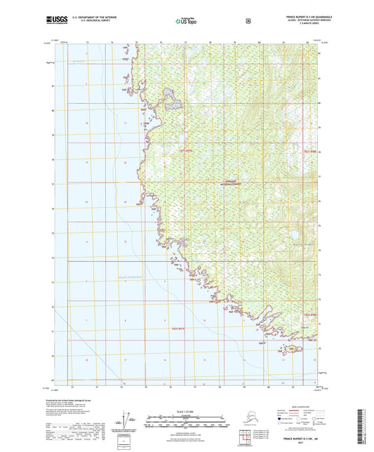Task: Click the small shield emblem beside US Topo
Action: click(247, 20)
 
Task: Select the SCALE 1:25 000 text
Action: click(186, 411)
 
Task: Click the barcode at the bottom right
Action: click(363, 426)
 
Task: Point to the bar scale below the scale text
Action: click(186, 423)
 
